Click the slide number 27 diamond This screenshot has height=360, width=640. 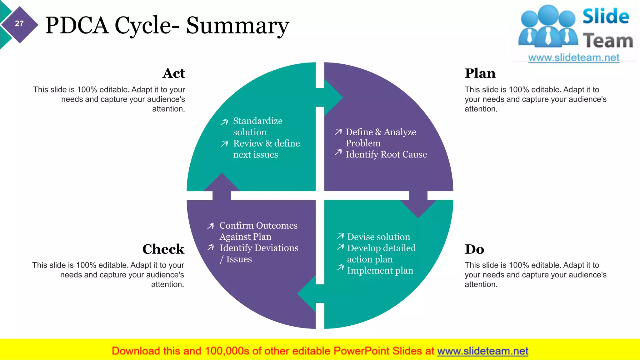coord(19,24)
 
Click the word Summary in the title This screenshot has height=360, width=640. coord(237,26)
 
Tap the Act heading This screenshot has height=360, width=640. coord(174,73)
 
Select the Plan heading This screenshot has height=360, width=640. coord(480,73)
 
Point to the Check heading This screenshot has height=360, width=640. coord(163,249)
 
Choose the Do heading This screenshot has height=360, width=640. coord(474,249)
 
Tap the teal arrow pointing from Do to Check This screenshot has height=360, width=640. coord(309,294)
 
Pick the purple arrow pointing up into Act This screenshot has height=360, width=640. coord(222,186)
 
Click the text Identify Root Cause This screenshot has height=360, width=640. coord(386,154)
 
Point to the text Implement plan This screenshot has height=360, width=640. coord(380,270)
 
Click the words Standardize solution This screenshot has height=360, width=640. coord(257,126)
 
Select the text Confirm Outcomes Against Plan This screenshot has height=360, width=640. coord(258,231)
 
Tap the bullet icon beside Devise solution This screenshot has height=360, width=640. coord(341,236)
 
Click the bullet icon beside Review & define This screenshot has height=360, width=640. coord(224,144)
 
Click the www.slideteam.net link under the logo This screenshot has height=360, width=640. coord(573,58)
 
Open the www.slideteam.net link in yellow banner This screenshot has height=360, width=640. coord(482,351)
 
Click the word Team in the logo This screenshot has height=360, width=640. coord(607,41)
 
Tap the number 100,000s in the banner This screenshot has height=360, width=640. coord(227,351)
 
